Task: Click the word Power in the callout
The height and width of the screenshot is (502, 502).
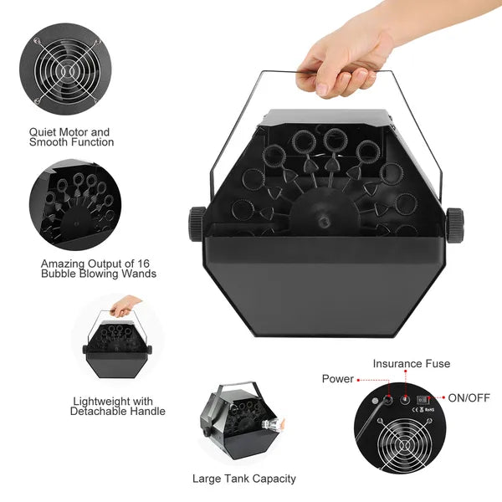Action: (x=338, y=379)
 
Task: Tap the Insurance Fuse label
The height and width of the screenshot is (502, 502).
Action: (x=411, y=363)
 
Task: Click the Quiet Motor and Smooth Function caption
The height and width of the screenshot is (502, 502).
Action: (x=70, y=137)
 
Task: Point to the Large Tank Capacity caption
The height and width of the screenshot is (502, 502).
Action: (x=243, y=479)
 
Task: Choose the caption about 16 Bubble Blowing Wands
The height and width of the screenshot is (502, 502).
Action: (x=98, y=268)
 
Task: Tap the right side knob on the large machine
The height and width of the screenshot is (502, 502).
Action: (x=454, y=223)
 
